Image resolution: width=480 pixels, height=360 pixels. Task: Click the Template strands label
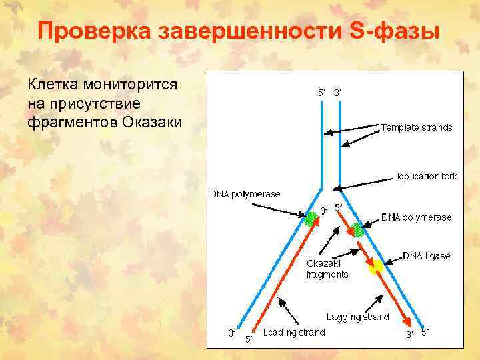[x=417, y=127]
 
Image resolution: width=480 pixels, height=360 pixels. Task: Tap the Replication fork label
[x=425, y=177]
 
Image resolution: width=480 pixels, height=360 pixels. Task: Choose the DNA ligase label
[x=427, y=256]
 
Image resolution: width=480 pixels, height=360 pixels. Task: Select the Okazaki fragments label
[x=327, y=269]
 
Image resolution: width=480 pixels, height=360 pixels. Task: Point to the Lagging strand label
[x=357, y=317]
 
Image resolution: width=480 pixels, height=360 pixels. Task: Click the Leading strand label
[x=294, y=333]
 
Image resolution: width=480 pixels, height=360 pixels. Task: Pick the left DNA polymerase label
[x=245, y=194]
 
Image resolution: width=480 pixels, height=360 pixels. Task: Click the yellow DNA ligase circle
[x=376, y=267]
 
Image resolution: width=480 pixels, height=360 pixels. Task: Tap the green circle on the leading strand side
[x=311, y=218]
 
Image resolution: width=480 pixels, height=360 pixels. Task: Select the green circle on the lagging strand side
[x=358, y=231]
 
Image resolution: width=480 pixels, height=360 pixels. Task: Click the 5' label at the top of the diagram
[x=321, y=92]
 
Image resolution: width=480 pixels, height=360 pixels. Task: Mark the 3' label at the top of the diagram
[x=338, y=92]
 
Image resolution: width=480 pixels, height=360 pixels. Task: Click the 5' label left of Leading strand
[x=248, y=339]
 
